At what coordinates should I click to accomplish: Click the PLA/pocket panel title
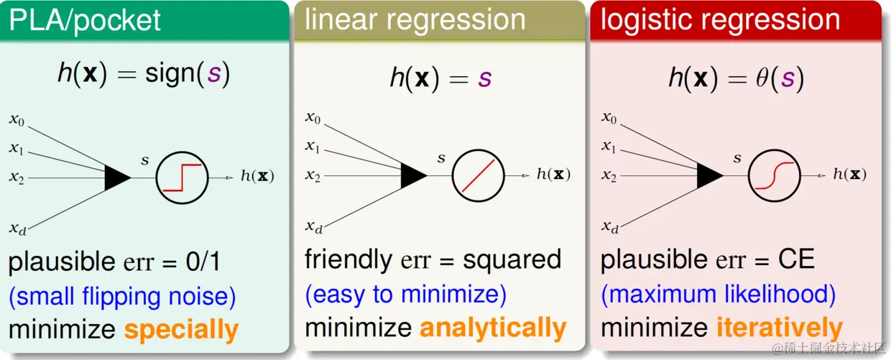click(x=84, y=21)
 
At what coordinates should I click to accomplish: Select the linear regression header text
click(x=415, y=20)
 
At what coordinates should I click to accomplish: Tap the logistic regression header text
click(x=720, y=20)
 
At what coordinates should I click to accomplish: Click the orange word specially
click(x=181, y=330)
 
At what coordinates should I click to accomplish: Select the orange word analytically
click(x=493, y=328)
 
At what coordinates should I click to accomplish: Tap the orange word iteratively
click(x=780, y=328)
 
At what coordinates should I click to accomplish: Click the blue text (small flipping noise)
click(x=122, y=297)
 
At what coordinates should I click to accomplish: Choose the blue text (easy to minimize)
click(x=406, y=295)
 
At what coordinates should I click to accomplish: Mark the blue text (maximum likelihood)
click(x=719, y=295)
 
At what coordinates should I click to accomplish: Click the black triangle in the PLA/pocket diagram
click(x=117, y=177)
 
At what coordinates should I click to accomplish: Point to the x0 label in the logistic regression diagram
click(x=609, y=118)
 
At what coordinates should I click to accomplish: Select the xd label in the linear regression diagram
click(x=313, y=227)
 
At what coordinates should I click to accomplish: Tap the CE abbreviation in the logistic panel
click(x=796, y=259)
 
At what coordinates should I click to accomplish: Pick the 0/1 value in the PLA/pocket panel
click(x=203, y=262)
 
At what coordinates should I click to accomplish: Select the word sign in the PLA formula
click(x=170, y=74)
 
